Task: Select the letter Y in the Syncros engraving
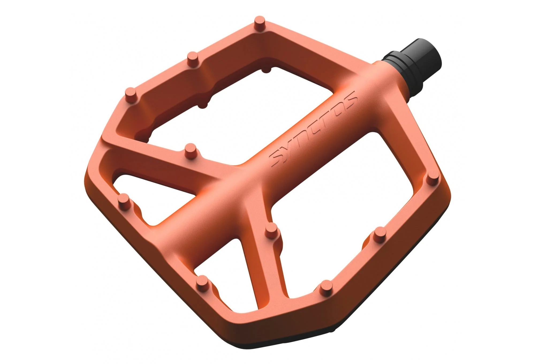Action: click(x=291, y=148)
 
